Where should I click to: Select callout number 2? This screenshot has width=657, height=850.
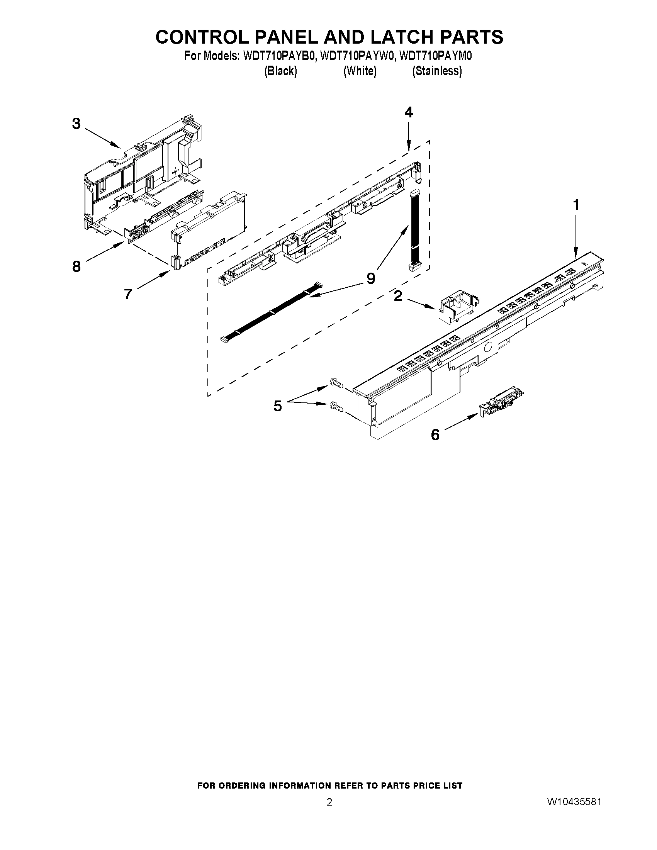coord(397,296)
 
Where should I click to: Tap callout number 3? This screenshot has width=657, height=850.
coord(76,124)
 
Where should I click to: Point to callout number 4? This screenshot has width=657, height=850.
coord(408,112)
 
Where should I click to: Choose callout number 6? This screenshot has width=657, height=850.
coord(435,434)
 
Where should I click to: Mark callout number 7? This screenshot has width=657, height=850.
coord(128,294)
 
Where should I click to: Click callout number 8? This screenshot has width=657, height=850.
coord(76,266)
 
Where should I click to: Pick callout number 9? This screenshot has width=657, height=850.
coord(371,278)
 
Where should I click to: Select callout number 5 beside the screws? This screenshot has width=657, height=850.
coord(277,406)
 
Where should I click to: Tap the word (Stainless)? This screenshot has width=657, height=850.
coord(437,71)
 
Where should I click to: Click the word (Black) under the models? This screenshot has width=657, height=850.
coord(281,71)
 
